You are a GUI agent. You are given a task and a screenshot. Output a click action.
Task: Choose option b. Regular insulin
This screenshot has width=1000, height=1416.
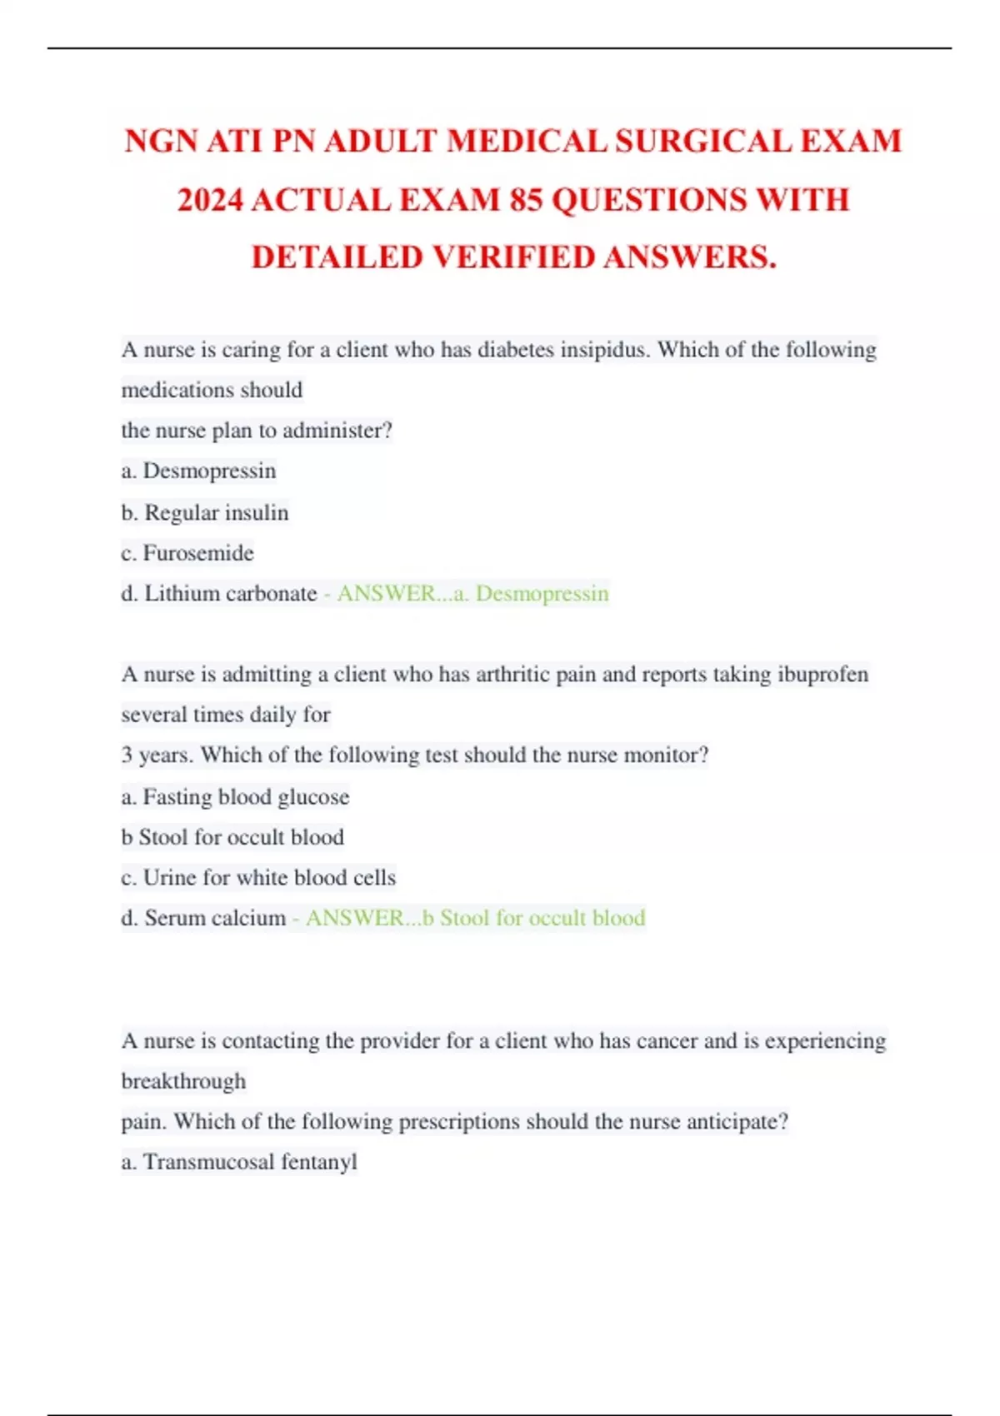(x=205, y=512)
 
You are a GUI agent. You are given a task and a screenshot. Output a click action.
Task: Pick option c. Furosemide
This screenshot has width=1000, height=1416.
(x=187, y=553)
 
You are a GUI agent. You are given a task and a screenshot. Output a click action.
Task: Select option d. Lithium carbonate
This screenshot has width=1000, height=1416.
(x=219, y=593)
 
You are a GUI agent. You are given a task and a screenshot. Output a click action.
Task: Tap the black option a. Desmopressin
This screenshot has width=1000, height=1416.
(x=198, y=471)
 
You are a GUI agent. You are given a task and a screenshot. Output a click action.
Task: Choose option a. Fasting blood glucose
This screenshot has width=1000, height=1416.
(x=235, y=797)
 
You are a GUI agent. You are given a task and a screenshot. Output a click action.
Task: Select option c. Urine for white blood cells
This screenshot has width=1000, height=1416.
(x=258, y=877)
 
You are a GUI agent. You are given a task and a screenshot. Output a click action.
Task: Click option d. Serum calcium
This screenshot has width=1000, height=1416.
(x=203, y=918)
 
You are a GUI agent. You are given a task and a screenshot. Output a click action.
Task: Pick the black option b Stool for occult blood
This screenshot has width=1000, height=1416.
(x=232, y=837)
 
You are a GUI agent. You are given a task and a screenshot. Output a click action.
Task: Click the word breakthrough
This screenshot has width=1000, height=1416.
(x=183, y=1081)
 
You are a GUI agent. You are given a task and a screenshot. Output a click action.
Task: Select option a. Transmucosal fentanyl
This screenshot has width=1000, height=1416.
(x=239, y=1162)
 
